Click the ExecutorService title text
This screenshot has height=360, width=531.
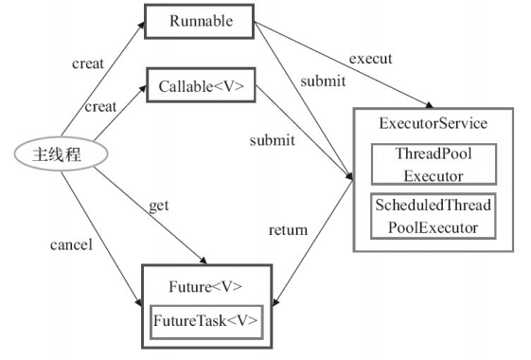pos(433,124)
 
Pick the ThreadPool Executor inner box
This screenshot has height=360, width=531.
pos(433,163)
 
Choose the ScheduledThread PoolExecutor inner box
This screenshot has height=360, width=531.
pos(433,215)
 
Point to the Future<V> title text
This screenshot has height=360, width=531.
pos(205,286)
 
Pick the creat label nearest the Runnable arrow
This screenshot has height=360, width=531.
pos(88,63)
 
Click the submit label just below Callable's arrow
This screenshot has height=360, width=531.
pos(271,140)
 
